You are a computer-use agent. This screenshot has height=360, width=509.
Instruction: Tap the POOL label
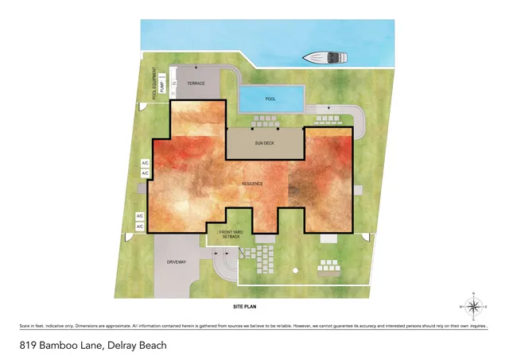[x=270, y=99]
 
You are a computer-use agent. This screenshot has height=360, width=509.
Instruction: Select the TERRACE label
[x=196, y=83]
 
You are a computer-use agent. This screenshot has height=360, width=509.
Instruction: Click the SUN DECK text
[x=264, y=145]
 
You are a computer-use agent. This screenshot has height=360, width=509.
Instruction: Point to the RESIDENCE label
[x=252, y=184]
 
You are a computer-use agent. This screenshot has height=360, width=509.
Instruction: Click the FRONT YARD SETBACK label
[x=231, y=235]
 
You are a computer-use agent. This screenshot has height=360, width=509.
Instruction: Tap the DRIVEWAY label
[x=176, y=261]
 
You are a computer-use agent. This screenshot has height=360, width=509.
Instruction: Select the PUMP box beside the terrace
[x=162, y=87]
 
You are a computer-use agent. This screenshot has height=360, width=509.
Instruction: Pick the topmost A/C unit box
[x=145, y=164]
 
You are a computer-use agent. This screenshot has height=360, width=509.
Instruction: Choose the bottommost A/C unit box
[x=139, y=227]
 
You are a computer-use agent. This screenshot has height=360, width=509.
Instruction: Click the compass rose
[x=474, y=306]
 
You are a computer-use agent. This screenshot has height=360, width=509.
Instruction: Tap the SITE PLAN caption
[x=247, y=306]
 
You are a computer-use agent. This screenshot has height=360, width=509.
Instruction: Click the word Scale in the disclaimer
[x=25, y=327]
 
